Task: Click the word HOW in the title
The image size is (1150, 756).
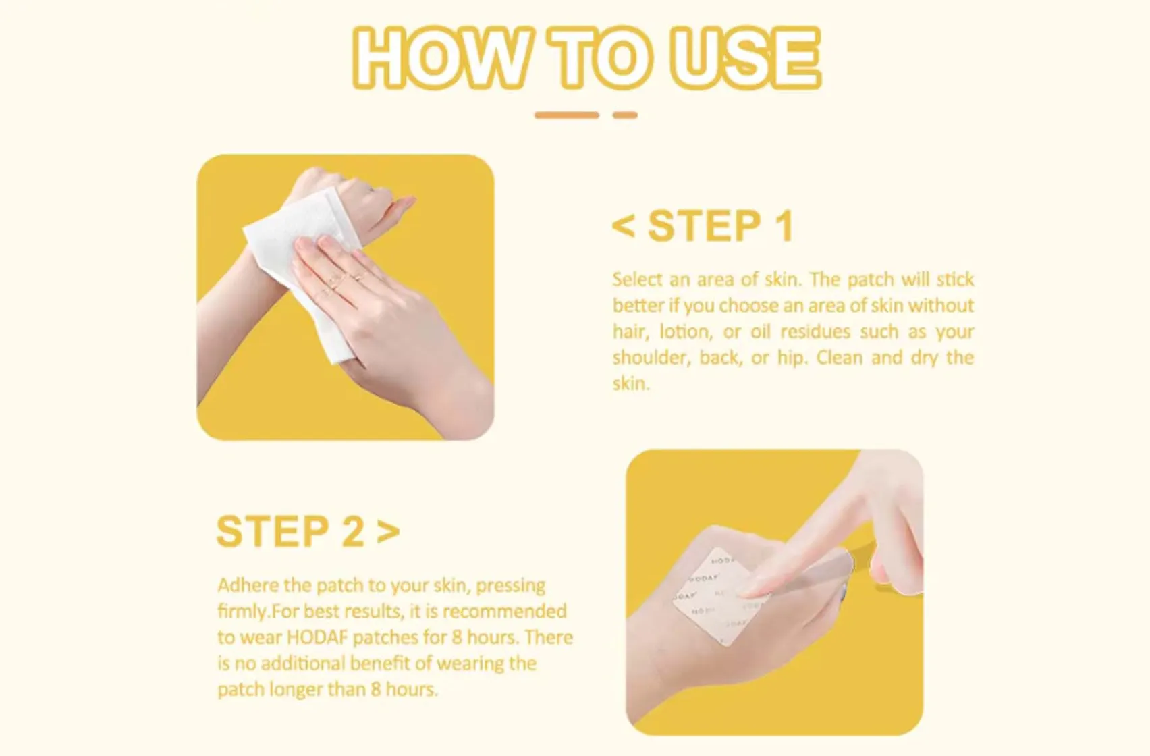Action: coord(440,58)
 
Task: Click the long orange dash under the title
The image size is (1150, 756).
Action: coord(566,115)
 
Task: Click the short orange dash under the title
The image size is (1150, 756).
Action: coord(625,115)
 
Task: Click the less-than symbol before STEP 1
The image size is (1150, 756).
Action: coord(623,227)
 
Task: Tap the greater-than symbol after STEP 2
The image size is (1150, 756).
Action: coord(388,531)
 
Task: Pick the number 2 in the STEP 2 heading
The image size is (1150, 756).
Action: coord(352,531)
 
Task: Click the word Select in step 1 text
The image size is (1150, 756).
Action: coord(638,279)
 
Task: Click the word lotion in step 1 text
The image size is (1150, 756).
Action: coord(684,332)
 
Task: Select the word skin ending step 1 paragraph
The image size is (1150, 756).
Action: coord(630,384)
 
